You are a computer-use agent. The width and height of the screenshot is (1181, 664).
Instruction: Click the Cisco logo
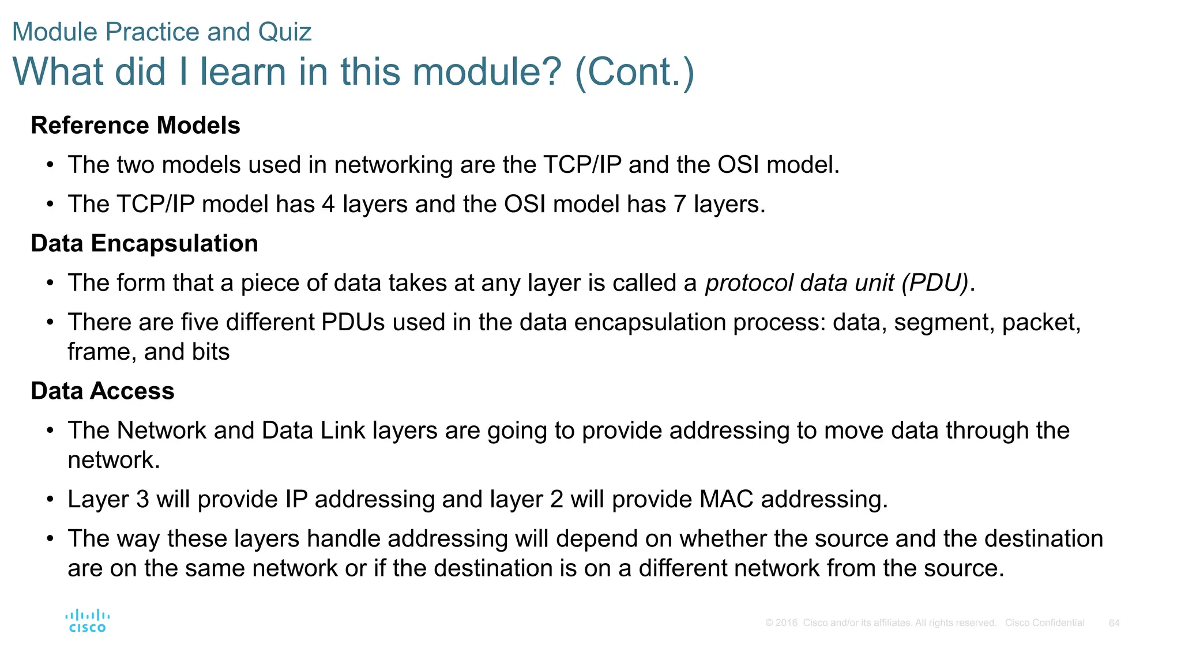[x=87, y=621]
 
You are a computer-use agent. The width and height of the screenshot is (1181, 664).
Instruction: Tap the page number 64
[x=1114, y=623]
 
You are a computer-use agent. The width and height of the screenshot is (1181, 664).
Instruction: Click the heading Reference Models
[x=136, y=126]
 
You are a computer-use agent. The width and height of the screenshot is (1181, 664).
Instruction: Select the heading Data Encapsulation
[x=144, y=244]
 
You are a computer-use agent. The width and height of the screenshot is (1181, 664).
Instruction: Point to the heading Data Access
[x=103, y=391]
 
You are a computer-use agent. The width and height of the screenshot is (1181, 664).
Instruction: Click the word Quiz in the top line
[x=285, y=32]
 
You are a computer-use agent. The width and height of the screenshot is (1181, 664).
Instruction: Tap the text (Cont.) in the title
[x=634, y=72]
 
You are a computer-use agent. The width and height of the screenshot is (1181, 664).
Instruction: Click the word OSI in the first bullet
[x=738, y=165]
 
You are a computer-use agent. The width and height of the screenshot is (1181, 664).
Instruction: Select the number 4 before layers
[x=328, y=205]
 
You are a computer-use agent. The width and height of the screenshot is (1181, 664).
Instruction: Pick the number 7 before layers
[x=679, y=205]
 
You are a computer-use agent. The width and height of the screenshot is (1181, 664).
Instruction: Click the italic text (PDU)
[x=935, y=283]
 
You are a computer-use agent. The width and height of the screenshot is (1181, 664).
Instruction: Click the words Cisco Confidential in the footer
[x=1044, y=623]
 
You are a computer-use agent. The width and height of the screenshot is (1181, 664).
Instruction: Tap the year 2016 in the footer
[x=786, y=623]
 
